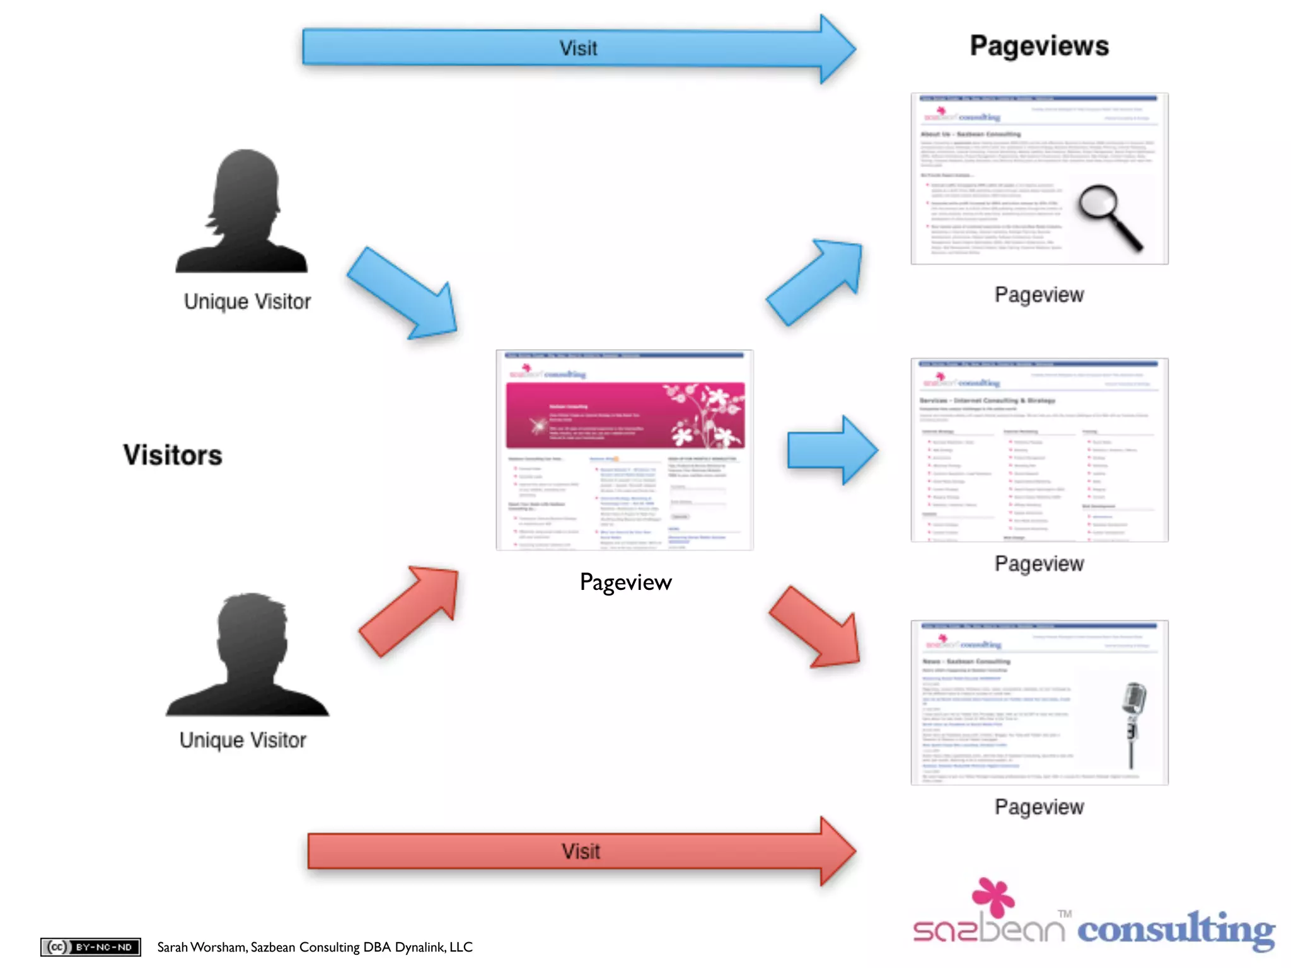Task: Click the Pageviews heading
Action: coord(1039,46)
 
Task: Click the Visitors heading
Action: coord(173,455)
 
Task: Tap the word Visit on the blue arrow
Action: coord(578,49)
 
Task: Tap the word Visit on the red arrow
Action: coord(581,851)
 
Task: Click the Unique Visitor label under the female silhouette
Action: coord(247,301)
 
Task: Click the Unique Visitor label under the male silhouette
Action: coord(243,740)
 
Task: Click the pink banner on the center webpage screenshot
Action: coord(625,415)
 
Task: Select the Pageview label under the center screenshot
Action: coord(625,582)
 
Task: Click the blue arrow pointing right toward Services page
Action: coord(831,450)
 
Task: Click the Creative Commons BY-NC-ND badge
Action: coord(90,947)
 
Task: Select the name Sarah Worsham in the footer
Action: coord(202,947)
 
